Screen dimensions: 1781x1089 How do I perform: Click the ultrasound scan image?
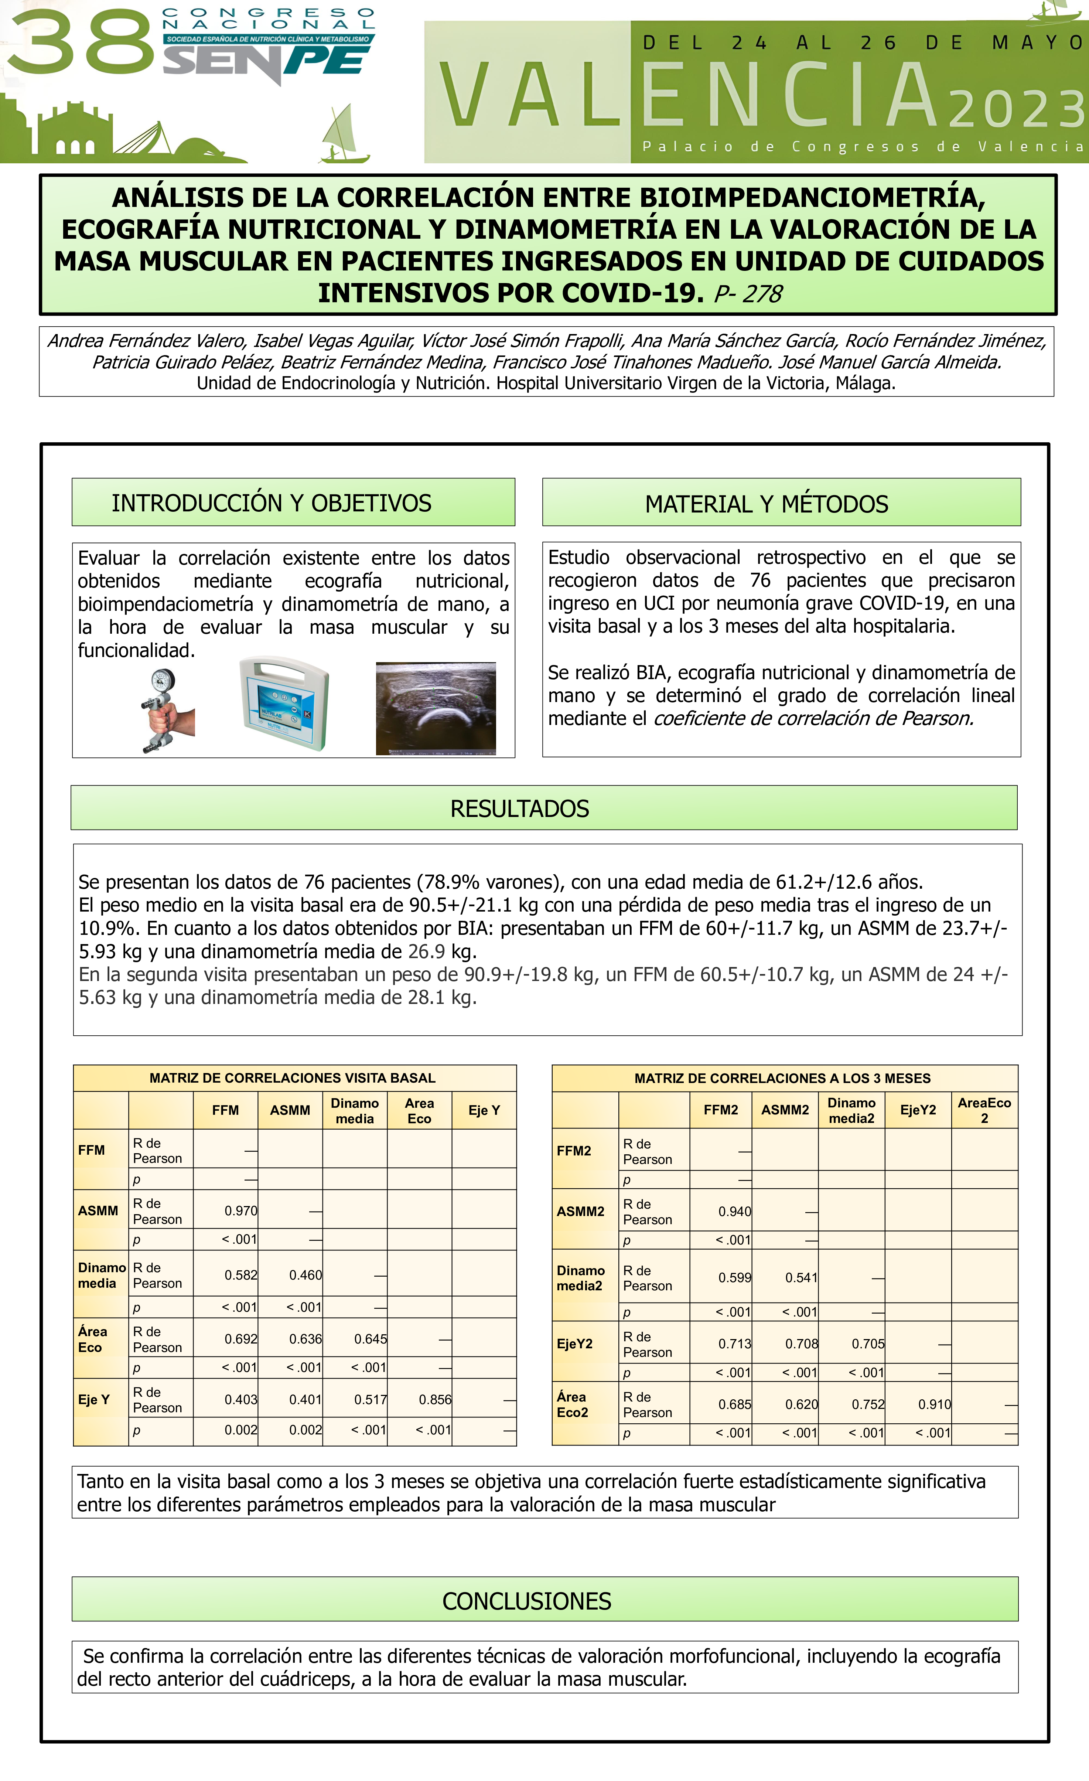pos(436,708)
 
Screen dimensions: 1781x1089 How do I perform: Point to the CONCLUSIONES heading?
pos(527,1601)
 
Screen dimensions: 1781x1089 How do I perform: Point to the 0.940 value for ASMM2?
pos(734,1212)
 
